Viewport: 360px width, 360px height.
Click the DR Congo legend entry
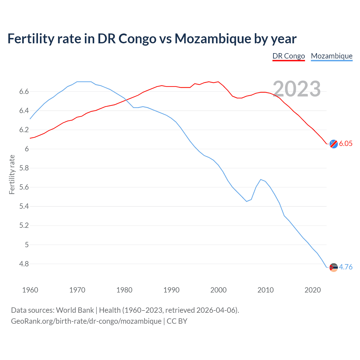(x=289, y=56)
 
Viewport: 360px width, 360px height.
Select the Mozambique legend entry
(x=332, y=56)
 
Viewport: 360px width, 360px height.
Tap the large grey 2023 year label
(x=297, y=89)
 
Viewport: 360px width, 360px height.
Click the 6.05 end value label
(x=346, y=143)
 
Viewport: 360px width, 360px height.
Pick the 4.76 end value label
(x=346, y=267)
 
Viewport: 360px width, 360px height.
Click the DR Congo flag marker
(x=334, y=144)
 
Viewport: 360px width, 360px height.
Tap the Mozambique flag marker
(x=334, y=267)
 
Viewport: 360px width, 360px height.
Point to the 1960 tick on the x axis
(x=30, y=290)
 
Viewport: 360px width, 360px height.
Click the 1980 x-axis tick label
(x=124, y=290)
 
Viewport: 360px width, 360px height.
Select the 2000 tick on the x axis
(x=219, y=290)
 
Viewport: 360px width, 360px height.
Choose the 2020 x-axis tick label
(x=312, y=290)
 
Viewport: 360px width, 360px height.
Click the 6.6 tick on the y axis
(x=24, y=92)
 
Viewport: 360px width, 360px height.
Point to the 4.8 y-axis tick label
(x=24, y=264)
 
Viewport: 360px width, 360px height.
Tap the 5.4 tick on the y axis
(x=24, y=206)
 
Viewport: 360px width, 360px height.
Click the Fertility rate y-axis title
(x=12, y=174)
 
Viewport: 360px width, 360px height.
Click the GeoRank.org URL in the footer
(x=86, y=321)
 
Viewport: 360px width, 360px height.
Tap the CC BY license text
(x=177, y=321)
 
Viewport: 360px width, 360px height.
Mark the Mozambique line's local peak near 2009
(x=261, y=179)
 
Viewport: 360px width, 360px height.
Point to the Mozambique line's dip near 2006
(x=247, y=201)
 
